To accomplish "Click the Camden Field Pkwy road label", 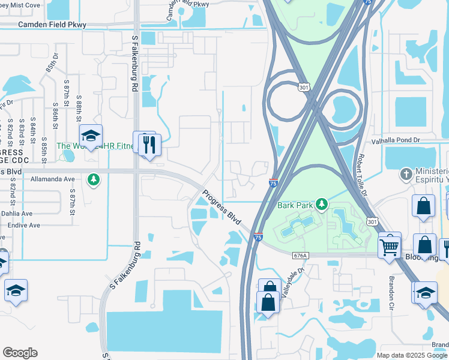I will pos(53,25).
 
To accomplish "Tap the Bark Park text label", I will pos(295,205).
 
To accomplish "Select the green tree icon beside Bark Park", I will pos(322,205).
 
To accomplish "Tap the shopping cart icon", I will pos(390,245).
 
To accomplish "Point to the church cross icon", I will pos(406,175).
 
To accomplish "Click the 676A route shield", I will pos(301,256).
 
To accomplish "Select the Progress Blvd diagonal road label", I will pos(221,208).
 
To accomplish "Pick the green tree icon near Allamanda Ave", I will pos(93,179).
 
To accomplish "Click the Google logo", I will pos(20,353).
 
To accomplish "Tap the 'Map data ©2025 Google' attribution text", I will pos(411,355).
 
